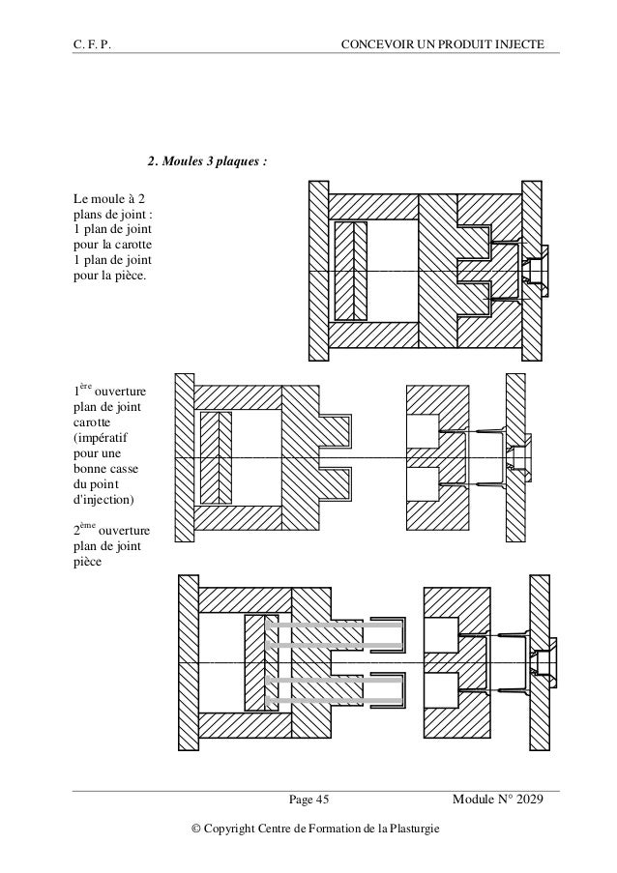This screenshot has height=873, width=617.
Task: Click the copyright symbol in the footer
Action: click(197, 829)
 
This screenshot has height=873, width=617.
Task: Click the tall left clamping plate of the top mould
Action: click(317, 272)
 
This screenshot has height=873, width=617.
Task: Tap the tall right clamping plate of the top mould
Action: click(530, 272)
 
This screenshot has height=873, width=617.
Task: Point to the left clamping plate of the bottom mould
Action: click(188, 667)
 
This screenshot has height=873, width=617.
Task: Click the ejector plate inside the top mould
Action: click(348, 272)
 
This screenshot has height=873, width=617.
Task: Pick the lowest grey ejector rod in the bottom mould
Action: click(334, 703)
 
